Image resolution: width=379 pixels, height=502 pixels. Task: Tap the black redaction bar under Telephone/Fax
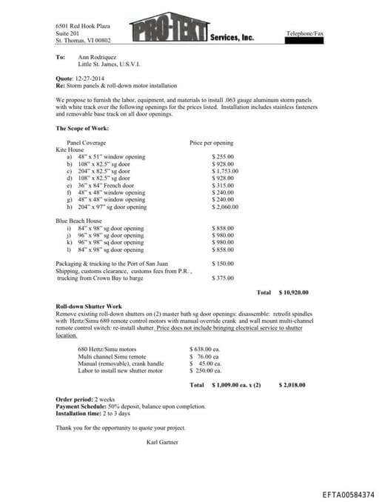click(304, 41)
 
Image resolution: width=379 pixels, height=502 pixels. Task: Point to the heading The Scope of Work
click(82, 128)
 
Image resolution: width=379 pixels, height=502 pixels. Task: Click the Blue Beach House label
click(78, 221)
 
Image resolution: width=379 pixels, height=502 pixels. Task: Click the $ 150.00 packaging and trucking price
click(223, 264)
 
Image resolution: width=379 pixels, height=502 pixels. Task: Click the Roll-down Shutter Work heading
click(89, 306)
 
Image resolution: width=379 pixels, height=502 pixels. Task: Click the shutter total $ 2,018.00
click(292, 385)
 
